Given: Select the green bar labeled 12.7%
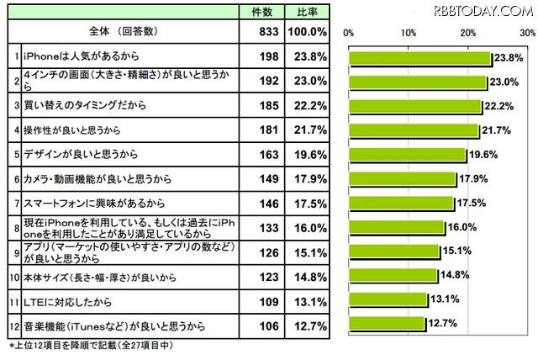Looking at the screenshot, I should [387, 323].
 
